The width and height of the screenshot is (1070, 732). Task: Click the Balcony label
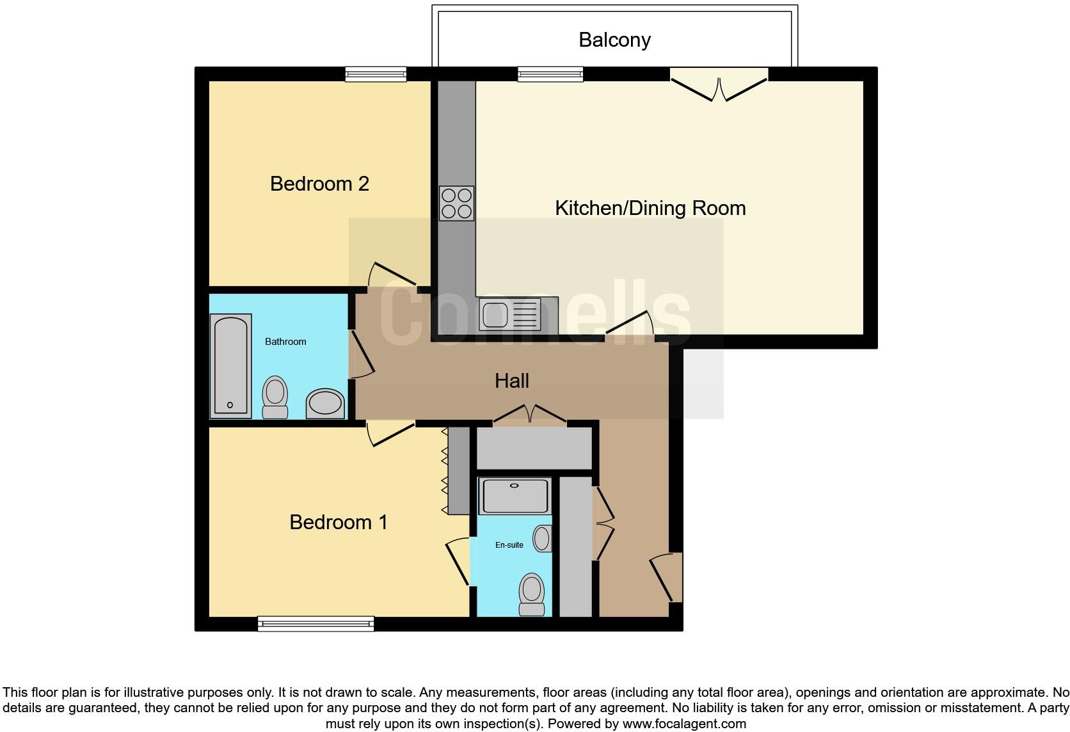tap(614, 40)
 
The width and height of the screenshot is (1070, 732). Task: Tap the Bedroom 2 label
tap(319, 184)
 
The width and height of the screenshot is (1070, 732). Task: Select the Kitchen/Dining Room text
tap(650, 208)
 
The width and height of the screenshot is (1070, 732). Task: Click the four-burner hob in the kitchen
tap(456, 203)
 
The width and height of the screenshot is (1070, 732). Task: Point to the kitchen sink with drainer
tap(510, 315)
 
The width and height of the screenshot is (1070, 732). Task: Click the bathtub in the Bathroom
tap(230, 366)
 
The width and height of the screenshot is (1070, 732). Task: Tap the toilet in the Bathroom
tap(275, 397)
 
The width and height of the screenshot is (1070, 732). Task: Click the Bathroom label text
tap(285, 342)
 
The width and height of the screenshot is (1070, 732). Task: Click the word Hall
tap(511, 381)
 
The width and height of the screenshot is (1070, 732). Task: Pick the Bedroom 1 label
tap(339, 522)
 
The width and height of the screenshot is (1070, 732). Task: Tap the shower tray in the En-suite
tap(515, 496)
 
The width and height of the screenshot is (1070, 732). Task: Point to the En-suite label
tap(509, 545)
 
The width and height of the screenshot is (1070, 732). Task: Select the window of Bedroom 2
tap(376, 74)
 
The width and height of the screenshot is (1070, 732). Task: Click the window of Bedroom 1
tap(315, 623)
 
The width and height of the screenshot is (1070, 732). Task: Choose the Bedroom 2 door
tap(392, 275)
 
